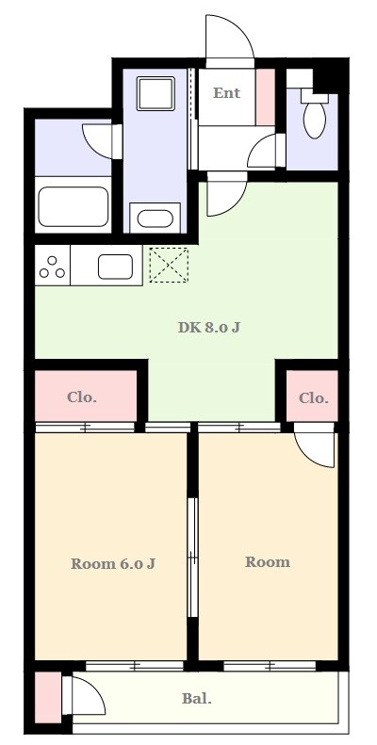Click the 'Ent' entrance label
point(226,92)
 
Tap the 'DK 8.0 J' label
point(208,327)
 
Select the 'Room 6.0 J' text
point(113,564)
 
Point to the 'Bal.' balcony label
point(197,699)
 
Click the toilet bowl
point(314,120)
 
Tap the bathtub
point(74,206)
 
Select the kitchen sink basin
point(116,267)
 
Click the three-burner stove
point(52,265)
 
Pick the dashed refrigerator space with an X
point(169,265)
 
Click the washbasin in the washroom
point(155,219)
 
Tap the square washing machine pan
point(156,93)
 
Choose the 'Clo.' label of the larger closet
point(82,397)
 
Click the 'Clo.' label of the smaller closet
point(313,398)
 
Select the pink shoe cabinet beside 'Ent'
point(265,97)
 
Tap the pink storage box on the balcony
point(48,698)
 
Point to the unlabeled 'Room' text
point(267,562)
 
